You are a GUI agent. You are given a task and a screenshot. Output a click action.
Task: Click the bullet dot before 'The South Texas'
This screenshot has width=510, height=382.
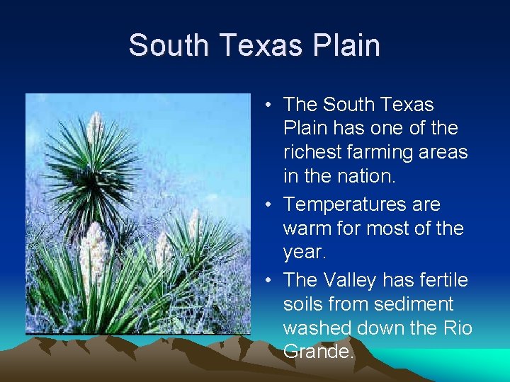click(x=271, y=105)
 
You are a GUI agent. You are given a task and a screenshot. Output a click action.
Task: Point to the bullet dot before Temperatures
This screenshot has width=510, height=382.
click(x=271, y=205)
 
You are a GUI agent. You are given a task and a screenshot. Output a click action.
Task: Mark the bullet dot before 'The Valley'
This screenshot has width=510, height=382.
click(x=271, y=281)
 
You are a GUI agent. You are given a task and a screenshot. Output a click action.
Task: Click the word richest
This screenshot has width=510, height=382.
click(x=311, y=153)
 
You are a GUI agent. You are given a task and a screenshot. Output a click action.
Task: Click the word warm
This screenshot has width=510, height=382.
click(x=309, y=228)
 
